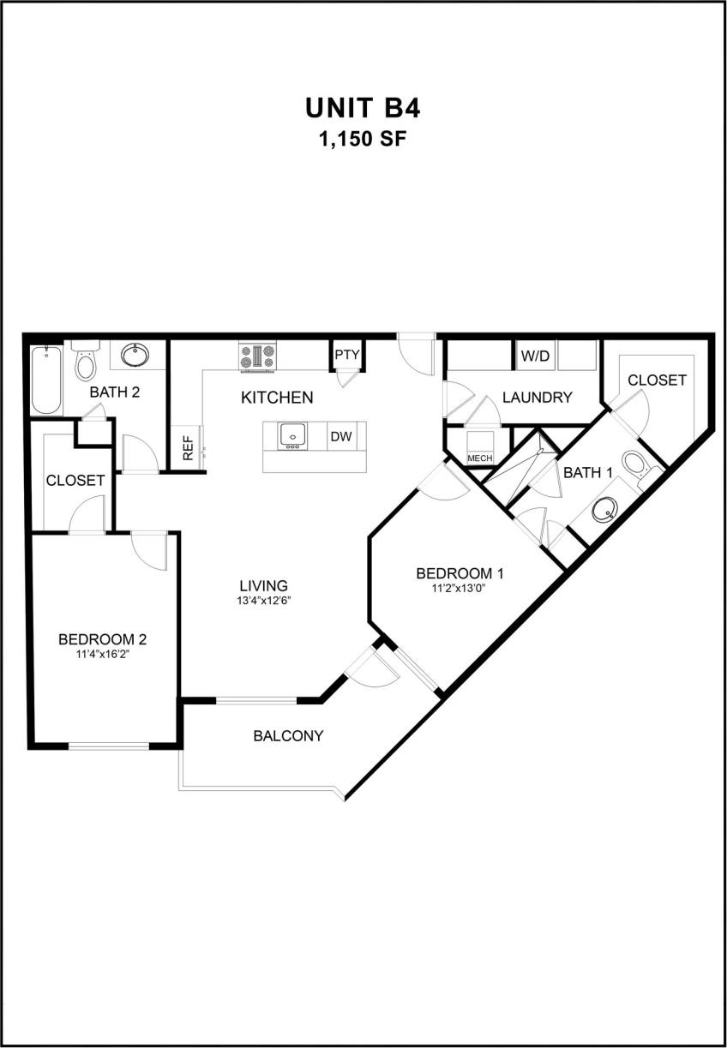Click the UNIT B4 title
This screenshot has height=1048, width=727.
tap(363, 108)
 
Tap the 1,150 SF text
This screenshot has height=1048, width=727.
tap(363, 139)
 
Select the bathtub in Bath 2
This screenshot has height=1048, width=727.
tap(45, 380)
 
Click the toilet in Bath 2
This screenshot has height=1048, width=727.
tap(86, 363)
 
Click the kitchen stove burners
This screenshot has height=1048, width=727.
tap(257, 356)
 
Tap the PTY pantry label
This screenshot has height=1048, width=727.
tap(346, 354)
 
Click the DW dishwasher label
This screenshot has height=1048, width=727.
tap(341, 436)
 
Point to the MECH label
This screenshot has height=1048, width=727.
tap(480, 458)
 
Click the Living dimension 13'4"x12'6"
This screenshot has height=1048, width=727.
tap(263, 601)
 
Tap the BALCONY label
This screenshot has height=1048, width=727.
tap(288, 735)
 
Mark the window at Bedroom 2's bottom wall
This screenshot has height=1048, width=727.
tap(109, 746)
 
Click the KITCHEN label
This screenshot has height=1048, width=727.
tap(277, 398)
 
